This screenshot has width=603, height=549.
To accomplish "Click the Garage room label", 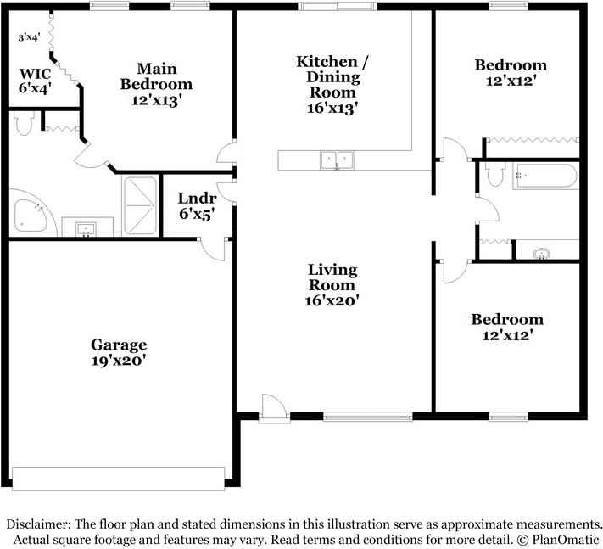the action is tap(119, 345).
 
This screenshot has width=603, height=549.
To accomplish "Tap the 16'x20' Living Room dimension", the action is tap(332, 300).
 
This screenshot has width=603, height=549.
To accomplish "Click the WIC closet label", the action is tap(35, 73).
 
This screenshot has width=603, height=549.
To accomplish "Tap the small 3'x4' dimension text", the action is tap(29, 37).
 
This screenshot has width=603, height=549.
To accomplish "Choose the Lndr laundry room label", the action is tap(197, 199).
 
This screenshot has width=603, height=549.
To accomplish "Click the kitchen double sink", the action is tap(337, 160).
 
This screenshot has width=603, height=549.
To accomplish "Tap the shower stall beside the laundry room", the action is tap(141, 205).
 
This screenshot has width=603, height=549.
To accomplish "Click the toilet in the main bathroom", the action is tap(24, 123).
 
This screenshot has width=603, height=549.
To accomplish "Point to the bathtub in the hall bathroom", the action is tap(545, 176).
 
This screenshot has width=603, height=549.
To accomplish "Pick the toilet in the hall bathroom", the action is tap(495, 174).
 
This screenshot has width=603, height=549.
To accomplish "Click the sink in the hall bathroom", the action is tap(542, 254).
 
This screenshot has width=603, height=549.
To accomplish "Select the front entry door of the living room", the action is tap(274, 409).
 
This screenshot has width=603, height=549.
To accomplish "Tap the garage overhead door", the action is tap(119, 479).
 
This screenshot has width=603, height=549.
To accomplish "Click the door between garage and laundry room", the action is tap(213, 249).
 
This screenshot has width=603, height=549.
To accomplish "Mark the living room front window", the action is tap(368, 417).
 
